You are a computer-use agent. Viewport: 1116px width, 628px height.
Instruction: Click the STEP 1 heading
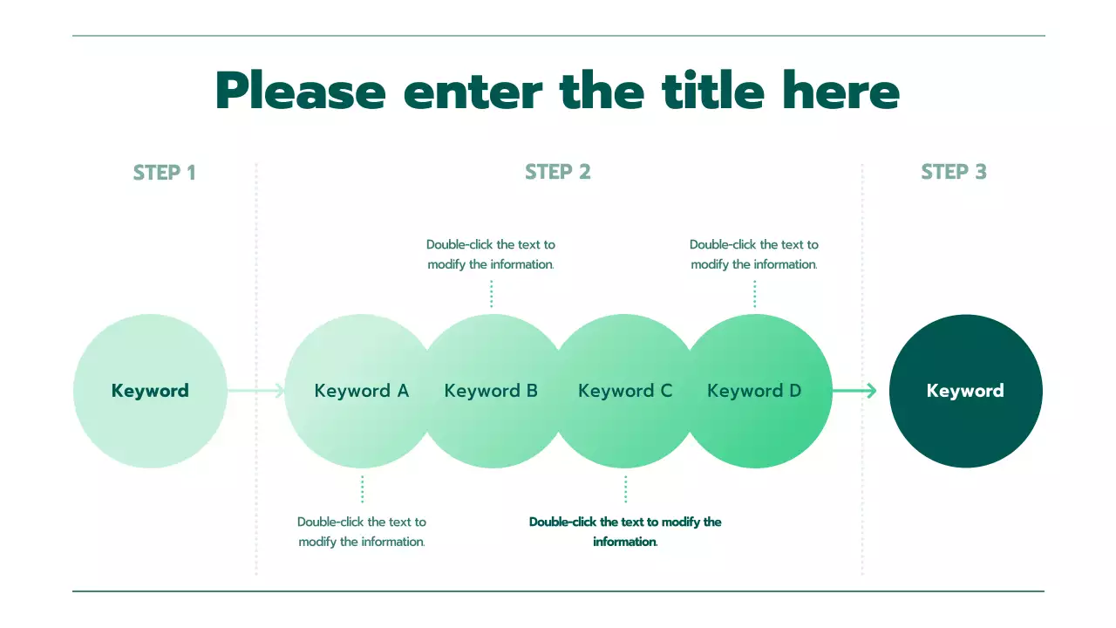pos(164,173)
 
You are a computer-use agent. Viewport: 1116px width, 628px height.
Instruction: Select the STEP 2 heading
pos(558,173)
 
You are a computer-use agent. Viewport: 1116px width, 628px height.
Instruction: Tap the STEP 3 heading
pos(954,173)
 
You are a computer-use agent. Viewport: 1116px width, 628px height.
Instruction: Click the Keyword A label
pos(361,391)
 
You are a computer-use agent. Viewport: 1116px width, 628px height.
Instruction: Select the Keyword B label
pos(491,391)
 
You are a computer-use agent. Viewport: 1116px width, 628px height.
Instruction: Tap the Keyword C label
pos(625,391)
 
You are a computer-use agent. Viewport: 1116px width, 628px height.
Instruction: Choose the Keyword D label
pos(754,391)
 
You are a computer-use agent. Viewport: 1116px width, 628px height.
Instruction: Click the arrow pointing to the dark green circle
pos(855,391)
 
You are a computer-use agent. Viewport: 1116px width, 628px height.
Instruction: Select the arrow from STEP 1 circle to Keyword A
pos(256,391)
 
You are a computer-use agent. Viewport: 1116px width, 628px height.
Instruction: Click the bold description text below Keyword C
pos(625,531)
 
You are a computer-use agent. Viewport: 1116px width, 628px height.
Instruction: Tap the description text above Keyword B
pos(491,254)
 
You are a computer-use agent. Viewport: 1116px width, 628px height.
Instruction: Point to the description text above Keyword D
pos(754,254)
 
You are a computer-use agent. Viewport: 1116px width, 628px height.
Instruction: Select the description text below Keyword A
pos(362,531)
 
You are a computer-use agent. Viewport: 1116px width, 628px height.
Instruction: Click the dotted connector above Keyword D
pos(754,294)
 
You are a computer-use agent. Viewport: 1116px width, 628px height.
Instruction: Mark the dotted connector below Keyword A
pos(362,489)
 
